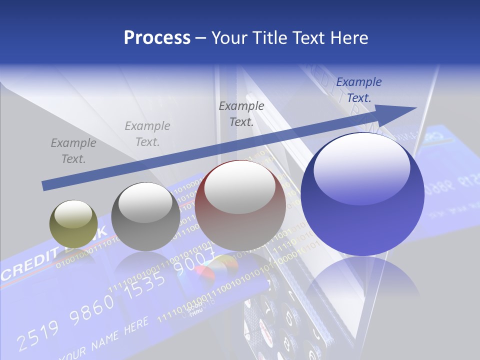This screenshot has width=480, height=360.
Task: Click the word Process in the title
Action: click(x=157, y=38)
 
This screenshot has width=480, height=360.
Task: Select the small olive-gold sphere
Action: click(x=73, y=223)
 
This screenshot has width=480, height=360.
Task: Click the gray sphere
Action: click(x=145, y=217)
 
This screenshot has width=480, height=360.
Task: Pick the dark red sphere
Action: click(x=240, y=205)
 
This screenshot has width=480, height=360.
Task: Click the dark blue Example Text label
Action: click(x=358, y=90)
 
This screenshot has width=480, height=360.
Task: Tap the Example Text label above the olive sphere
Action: click(x=73, y=151)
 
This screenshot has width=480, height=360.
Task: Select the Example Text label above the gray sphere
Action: click(x=147, y=134)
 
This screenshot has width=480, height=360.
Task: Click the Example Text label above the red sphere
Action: click(x=241, y=114)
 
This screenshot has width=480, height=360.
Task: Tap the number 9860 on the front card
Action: click(x=91, y=309)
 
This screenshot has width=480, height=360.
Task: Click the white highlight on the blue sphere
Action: click(x=361, y=167)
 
